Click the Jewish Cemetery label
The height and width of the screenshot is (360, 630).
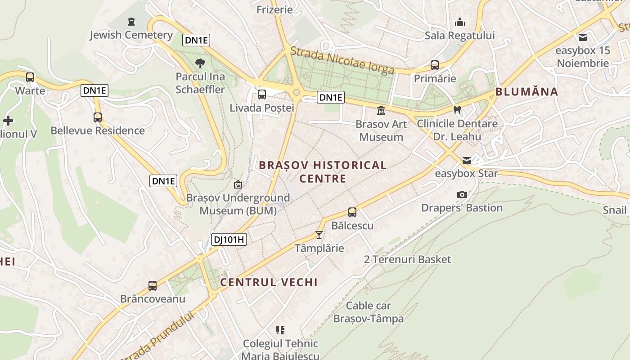(x=131, y=35)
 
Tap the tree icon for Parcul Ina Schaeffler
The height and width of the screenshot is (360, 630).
(x=200, y=63)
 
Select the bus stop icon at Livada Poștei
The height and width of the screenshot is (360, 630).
(x=261, y=94)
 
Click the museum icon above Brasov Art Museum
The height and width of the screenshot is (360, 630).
(x=381, y=110)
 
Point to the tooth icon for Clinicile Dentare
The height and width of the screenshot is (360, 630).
(x=457, y=110)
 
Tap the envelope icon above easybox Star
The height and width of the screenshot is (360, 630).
(x=466, y=161)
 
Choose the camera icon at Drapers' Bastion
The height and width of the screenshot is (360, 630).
(x=462, y=195)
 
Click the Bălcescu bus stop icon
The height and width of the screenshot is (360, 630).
(x=352, y=212)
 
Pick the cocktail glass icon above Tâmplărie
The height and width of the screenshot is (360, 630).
(x=319, y=235)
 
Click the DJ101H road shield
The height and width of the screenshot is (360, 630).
(x=229, y=239)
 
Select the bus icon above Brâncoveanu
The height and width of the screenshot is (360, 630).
(x=153, y=286)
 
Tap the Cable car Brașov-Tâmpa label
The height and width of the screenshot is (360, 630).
(x=368, y=312)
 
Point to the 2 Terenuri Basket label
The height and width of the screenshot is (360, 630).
(x=407, y=260)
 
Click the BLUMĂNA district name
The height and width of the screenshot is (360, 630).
(x=526, y=92)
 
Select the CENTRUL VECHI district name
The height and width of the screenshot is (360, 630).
(x=269, y=283)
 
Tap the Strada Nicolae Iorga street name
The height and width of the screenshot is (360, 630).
(x=342, y=60)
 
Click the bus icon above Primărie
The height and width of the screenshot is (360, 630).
(x=435, y=65)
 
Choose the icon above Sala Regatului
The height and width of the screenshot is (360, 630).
(x=460, y=22)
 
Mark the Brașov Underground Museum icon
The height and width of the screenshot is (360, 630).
(x=238, y=184)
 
